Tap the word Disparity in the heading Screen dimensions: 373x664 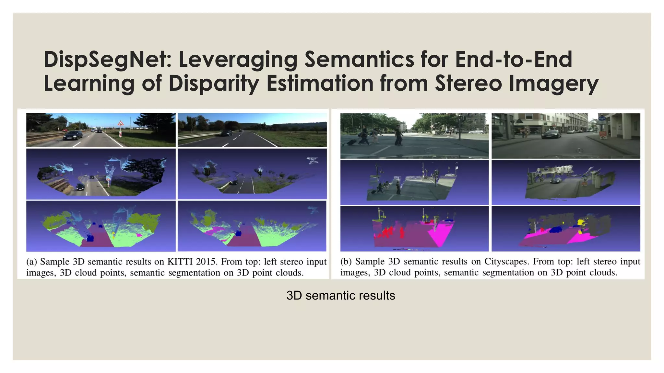click(214, 84)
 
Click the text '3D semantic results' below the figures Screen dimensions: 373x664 click(340, 296)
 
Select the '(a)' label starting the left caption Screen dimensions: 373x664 click(32, 262)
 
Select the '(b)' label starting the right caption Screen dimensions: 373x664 click(346, 262)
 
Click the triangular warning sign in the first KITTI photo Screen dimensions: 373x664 click(120, 123)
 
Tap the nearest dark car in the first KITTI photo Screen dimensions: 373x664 click(73, 135)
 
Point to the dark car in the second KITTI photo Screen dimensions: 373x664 click(226, 133)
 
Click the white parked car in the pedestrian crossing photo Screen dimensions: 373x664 click(476, 132)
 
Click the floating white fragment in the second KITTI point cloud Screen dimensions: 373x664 click(313, 160)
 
